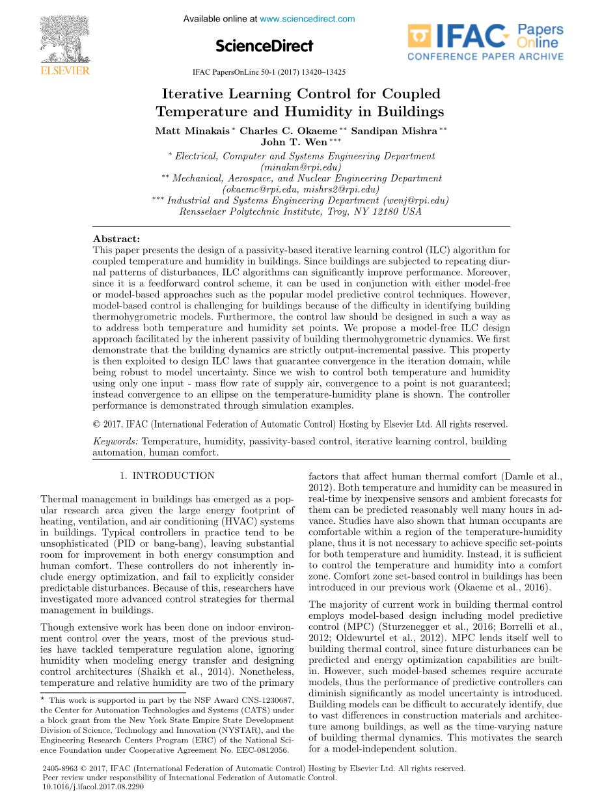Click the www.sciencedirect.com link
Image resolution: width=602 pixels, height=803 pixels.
tap(307, 19)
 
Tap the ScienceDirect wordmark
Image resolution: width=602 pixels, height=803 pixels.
tap(264, 46)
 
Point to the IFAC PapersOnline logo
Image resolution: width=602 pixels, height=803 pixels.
tap(486, 43)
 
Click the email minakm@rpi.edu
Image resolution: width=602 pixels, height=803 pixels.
tap(301, 167)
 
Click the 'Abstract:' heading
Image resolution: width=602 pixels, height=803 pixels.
tap(116, 239)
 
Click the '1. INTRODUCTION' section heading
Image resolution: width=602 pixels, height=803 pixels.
tap(167, 476)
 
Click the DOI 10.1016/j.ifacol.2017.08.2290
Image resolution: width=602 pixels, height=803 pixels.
tap(92, 786)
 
